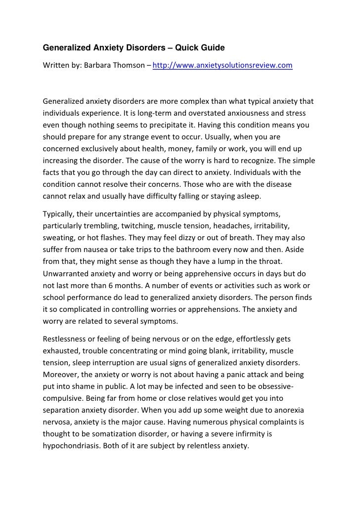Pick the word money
pos(165,149)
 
